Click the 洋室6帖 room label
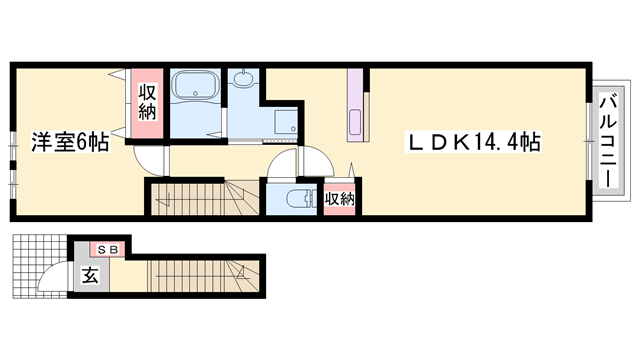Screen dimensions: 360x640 point(69,142)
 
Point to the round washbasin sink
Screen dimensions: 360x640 point(243,79)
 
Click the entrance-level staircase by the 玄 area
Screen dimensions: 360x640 point(200,275)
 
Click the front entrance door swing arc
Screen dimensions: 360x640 point(56,278)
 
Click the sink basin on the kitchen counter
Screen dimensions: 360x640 point(355,125)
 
